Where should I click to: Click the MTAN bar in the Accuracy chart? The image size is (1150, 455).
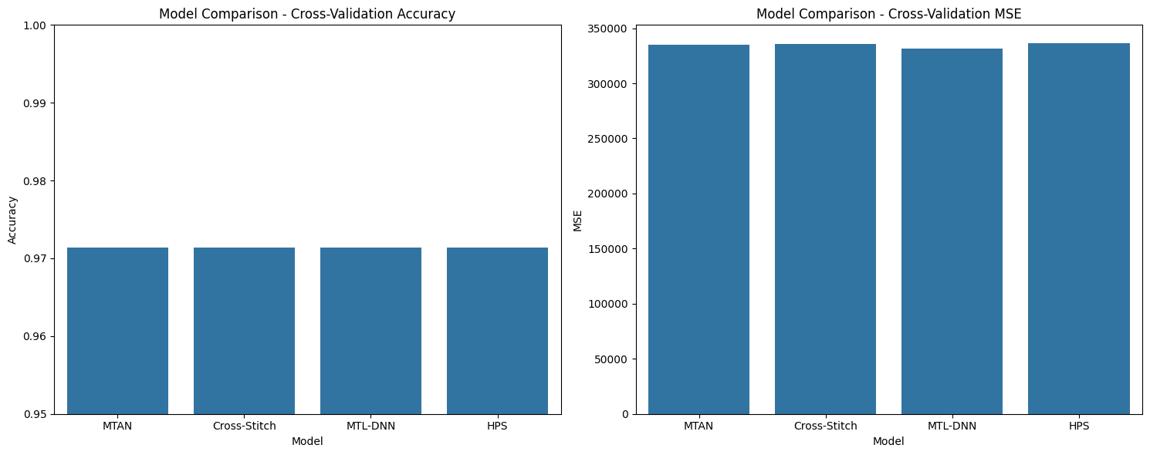click(x=117, y=331)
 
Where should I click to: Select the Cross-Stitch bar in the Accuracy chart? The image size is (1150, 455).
click(x=245, y=331)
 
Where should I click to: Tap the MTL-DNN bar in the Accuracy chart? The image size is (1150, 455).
click(x=370, y=331)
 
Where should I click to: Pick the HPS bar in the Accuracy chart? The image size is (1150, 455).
click(x=498, y=331)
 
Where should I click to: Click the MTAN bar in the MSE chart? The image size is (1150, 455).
click(x=698, y=230)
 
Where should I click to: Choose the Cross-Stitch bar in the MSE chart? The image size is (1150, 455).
click(x=826, y=229)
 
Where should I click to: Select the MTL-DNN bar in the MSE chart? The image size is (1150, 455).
click(x=952, y=231)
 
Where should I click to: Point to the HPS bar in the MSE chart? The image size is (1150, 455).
click(x=1079, y=229)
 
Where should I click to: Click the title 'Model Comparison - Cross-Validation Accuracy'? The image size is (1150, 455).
click(x=307, y=14)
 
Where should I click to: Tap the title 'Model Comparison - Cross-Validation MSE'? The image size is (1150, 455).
click(x=888, y=14)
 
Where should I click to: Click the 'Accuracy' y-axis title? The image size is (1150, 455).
click(x=12, y=220)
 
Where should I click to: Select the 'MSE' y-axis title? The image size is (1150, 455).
click(x=577, y=221)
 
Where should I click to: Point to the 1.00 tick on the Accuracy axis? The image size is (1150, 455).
click(x=35, y=25)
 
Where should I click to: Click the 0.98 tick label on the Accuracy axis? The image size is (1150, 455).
click(x=35, y=181)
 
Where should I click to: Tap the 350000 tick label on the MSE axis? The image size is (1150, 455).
click(x=607, y=29)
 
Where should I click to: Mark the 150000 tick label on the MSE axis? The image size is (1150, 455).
click(x=607, y=249)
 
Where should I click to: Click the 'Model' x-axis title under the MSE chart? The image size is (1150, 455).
click(x=888, y=441)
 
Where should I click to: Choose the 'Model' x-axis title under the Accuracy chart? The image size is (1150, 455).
click(x=307, y=441)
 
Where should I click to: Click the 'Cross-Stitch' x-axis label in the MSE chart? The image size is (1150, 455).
click(x=826, y=426)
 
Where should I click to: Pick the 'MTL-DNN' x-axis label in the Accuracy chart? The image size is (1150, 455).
click(x=370, y=426)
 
